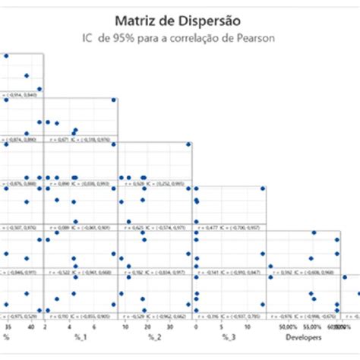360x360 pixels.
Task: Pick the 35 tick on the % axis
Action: point(8,325)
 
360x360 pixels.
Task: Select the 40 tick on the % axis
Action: point(31,325)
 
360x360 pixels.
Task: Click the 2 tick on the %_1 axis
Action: point(47,325)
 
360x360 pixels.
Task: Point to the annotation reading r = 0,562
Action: point(284,270)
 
